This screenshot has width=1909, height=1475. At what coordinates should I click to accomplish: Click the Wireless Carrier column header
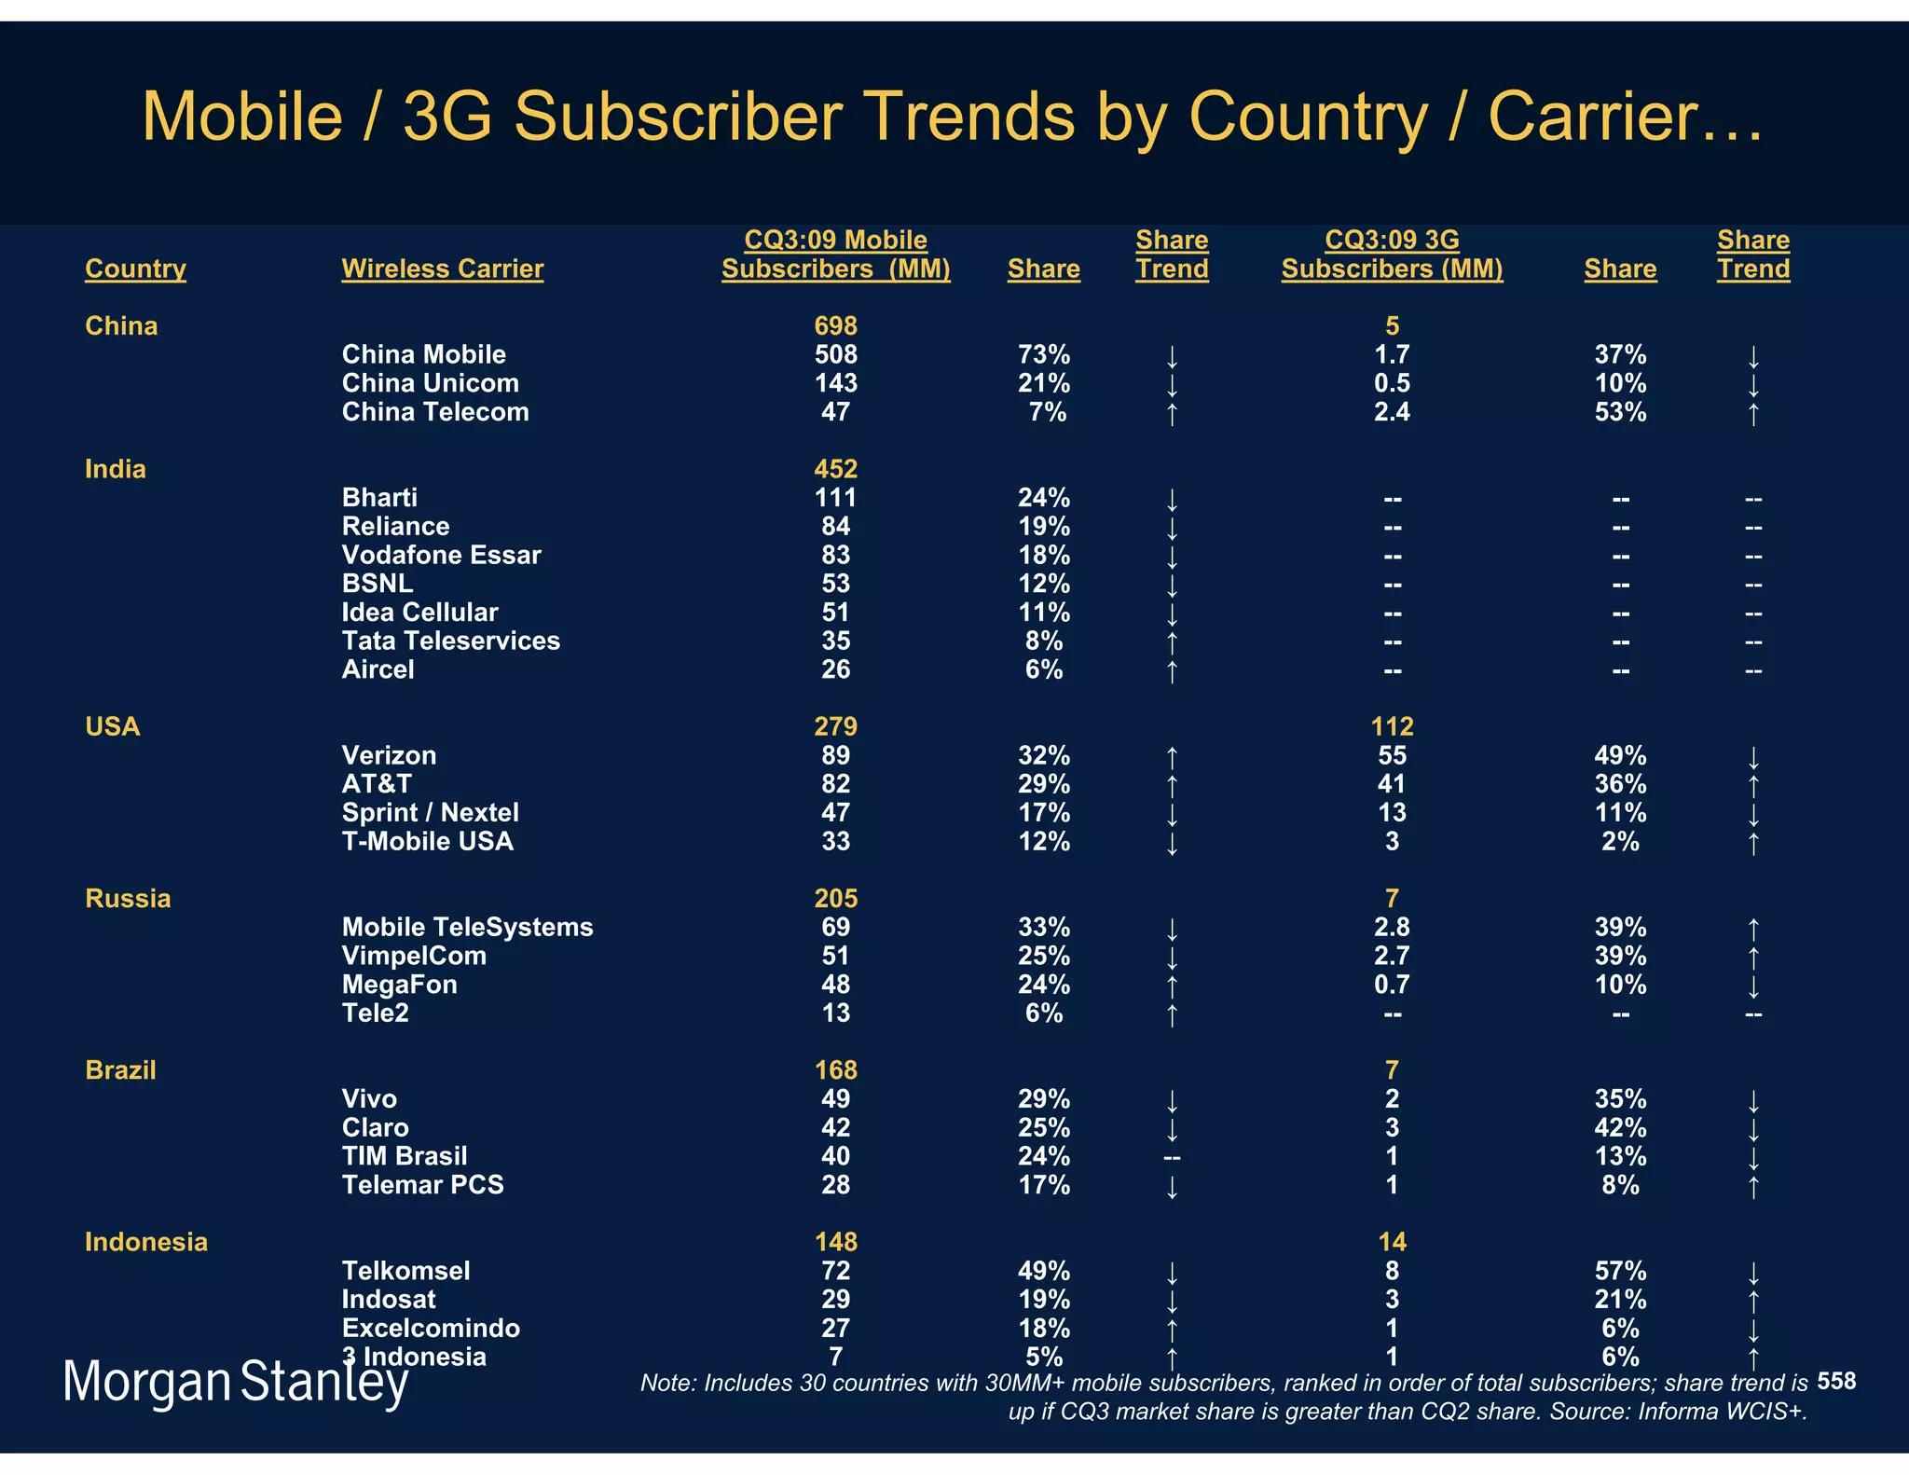point(442,269)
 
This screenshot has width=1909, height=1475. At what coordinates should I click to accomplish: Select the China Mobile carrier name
point(423,354)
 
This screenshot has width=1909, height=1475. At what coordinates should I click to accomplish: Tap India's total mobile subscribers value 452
point(835,469)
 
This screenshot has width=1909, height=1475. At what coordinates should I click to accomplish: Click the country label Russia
point(128,898)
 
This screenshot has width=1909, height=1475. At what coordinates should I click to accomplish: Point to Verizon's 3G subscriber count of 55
point(1392,755)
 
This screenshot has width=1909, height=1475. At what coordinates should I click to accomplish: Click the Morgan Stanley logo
point(235,1382)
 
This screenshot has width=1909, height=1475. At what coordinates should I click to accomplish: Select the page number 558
point(1836,1381)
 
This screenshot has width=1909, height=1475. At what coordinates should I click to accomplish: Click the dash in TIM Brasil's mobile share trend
point(1172,1158)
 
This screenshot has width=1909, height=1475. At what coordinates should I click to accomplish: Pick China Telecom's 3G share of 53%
point(1620,412)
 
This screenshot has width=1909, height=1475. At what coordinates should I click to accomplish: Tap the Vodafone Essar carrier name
point(441,555)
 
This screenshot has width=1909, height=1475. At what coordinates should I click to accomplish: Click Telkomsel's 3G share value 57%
point(1620,1271)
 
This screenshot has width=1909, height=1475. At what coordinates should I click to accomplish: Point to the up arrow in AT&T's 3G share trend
point(1753,785)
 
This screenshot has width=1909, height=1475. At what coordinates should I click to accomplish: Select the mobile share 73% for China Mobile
point(1044,354)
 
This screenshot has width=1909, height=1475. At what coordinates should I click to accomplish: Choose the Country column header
point(135,269)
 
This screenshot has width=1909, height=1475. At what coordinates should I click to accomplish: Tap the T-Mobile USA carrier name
point(427,841)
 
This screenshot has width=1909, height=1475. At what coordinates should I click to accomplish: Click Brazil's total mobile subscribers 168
point(835,1070)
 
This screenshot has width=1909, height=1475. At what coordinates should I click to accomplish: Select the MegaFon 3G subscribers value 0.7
point(1392,985)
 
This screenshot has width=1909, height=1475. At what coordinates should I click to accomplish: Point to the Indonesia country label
point(146,1242)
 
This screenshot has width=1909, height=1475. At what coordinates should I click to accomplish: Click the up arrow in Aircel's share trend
point(1172,670)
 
